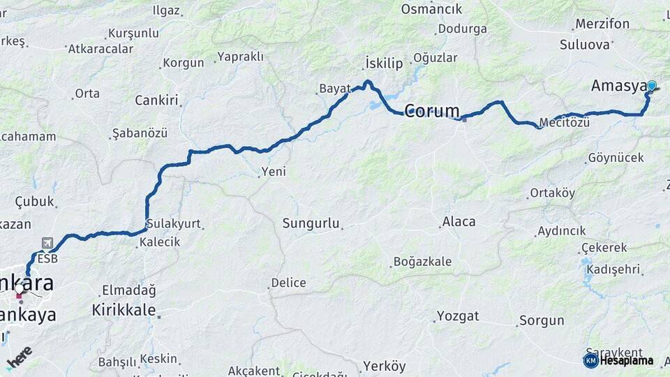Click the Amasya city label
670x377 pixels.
pyautogui.click(x=618, y=86)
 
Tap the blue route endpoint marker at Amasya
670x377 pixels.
pyautogui.click(x=652, y=86)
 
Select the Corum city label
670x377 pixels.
pyautogui.click(x=432, y=110)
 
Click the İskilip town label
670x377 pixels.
pyautogui.click(x=384, y=64)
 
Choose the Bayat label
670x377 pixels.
pyautogui.click(x=334, y=89)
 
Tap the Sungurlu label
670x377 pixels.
pyautogui.click(x=311, y=223)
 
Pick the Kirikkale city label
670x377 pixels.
pyautogui.click(x=124, y=310)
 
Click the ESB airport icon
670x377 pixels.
pyautogui.click(x=47, y=243)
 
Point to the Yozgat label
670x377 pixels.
pyautogui.click(x=458, y=316)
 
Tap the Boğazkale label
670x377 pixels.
pyautogui.click(x=422, y=262)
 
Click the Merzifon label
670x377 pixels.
pyautogui.click(x=602, y=24)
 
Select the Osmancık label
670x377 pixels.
pyautogui.click(x=431, y=9)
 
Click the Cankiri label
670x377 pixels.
pyautogui.click(x=156, y=100)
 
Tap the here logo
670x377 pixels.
pyautogui.click(x=20, y=357)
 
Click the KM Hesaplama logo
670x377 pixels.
pyautogui.click(x=618, y=360)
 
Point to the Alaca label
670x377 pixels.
pyautogui.click(x=459, y=222)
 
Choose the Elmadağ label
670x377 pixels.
pyautogui.click(x=128, y=290)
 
